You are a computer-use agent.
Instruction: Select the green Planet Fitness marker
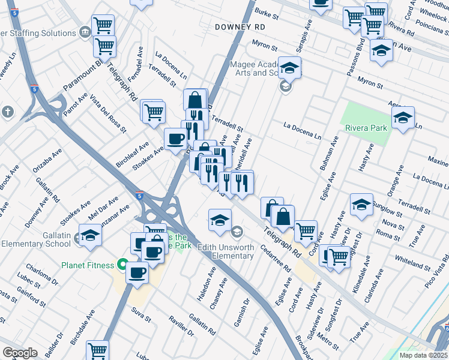coord(122,265)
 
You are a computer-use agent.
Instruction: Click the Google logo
coord(20,353)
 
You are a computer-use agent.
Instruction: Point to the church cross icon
coord(8,112)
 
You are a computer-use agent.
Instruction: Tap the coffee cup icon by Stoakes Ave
coord(175,139)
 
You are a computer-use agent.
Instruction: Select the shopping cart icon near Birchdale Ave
coord(97,350)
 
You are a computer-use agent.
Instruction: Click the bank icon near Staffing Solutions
coord(85,31)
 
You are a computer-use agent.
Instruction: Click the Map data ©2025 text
coord(423,355)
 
